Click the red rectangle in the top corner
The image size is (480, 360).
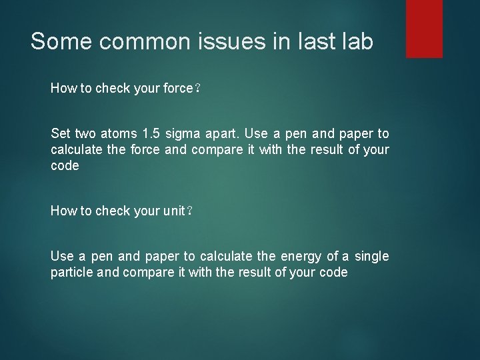point(424,28)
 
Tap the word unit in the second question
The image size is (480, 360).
point(173,211)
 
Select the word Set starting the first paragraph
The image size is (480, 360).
point(60,134)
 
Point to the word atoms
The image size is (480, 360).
point(117,134)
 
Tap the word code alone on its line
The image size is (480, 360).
point(65,166)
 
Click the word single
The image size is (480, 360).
point(371,257)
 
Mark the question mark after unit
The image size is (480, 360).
point(189,211)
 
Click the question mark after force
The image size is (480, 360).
point(196,89)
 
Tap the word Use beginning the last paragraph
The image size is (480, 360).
point(62,257)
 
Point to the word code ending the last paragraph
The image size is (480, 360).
point(333,273)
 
